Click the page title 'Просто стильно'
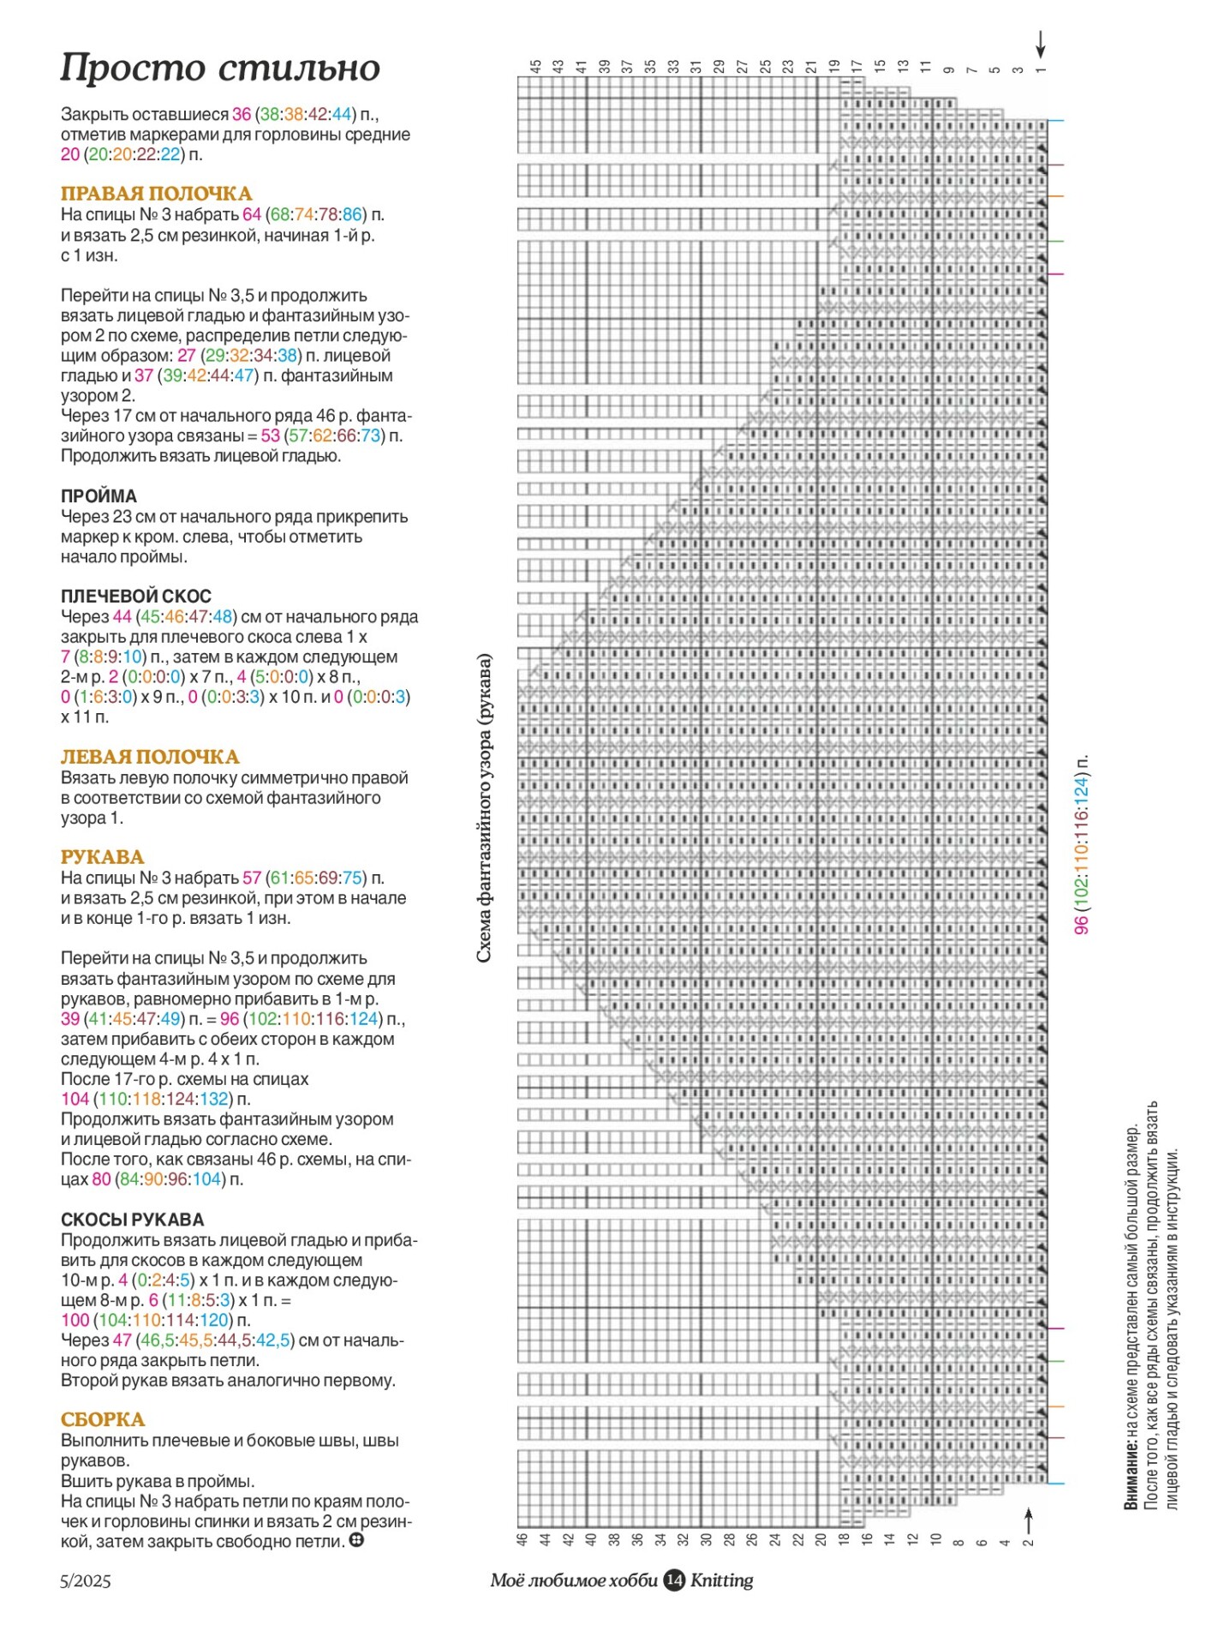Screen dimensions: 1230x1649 click(x=220, y=68)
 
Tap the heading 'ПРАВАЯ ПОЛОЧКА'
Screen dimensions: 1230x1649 click(x=156, y=194)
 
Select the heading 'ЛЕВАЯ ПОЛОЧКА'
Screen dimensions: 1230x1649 click(x=150, y=757)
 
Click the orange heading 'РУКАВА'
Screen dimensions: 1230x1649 click(x=102, y=857)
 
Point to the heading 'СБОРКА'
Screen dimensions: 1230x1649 click(x=103, y=1419)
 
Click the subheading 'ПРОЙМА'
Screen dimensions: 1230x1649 click(x=99, y=496)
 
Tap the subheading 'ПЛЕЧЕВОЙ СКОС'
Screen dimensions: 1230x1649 click(x=136, y=597)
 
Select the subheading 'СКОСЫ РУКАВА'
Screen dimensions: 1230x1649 click(x=133, y=1220)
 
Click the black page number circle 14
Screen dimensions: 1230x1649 click(x=674, y=1580)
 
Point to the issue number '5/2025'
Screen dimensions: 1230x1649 click(x=86, y=1581)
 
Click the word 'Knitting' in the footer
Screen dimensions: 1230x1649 click(x=722, y=1580)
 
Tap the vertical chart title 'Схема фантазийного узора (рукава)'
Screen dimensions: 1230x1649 click(x=484, y=808)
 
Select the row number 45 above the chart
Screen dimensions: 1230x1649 click(x=536, y=66)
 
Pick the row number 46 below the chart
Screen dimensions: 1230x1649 click(x=522, y=1539)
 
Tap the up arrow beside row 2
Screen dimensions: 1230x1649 click(x=1029, y=1521)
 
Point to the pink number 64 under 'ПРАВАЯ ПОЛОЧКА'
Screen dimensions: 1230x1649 click(x=252, y=214)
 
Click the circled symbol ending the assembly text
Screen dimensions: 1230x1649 click(x=356, y=1540)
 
